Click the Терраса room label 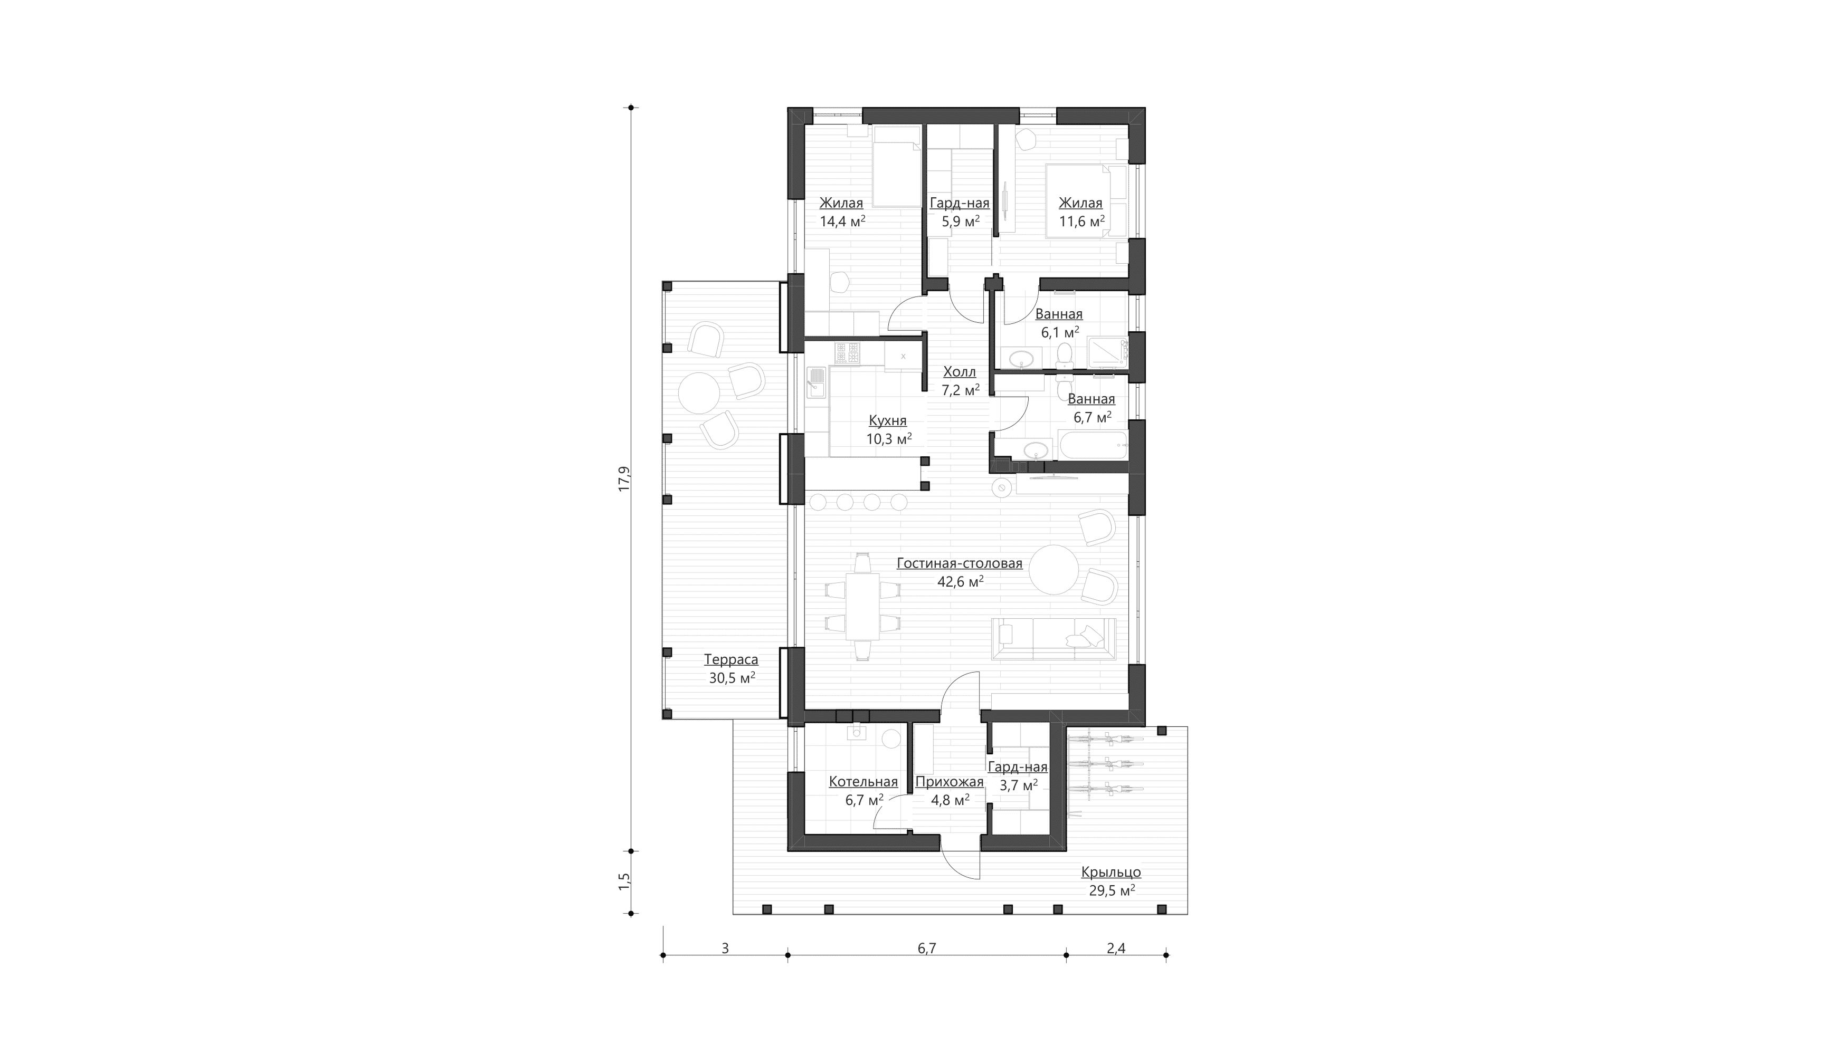coord(731,659)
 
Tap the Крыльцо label coord(1111,873)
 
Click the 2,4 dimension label coord(1116,948)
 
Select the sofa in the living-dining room coord(1054,639)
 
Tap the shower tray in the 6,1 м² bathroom coord(1107,353)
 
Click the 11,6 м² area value coord(1081,221)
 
